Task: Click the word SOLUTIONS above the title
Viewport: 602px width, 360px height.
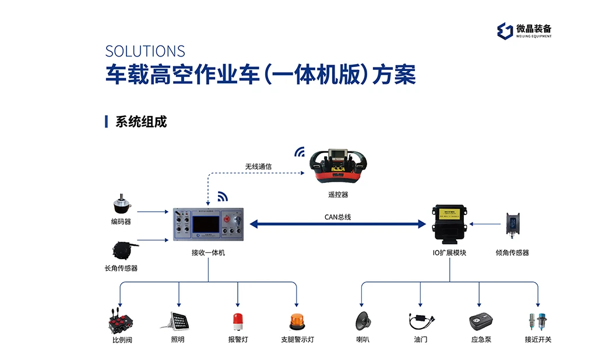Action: coord(145,51)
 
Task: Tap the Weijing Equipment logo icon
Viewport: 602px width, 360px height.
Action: coord(504,30)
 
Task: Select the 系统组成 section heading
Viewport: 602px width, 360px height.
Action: coord(140,122)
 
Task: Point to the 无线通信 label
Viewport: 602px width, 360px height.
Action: coord(258,167)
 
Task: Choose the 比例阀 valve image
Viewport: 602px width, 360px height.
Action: coord(121,322)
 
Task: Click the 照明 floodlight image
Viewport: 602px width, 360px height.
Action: coord(178,320)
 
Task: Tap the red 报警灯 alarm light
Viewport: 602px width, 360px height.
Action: coord(237,321)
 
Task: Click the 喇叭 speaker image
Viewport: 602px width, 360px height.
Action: coord(363,321)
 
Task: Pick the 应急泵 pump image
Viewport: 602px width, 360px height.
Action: coord(480,322)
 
